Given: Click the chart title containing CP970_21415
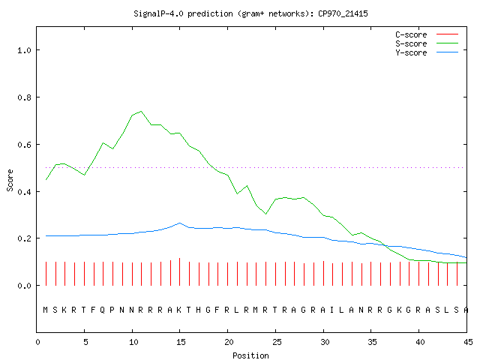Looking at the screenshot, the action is coord(250,13).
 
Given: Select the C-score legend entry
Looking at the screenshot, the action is coord(427,34).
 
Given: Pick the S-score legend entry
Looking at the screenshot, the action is coord(427,43).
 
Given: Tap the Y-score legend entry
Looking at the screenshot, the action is coord(427,52).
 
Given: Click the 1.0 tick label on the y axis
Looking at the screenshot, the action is coord(24,50).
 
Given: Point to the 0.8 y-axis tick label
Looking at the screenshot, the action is coord(24,97).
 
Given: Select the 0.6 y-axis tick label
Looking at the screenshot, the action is coord(24,145).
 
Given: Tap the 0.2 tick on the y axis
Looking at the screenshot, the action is coord(24,238).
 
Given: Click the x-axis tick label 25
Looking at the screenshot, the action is coord(277,342).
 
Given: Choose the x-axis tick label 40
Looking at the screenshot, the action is coord(420,342).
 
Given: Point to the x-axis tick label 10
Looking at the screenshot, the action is coord(133,342).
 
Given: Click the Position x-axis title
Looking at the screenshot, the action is coord(250,355).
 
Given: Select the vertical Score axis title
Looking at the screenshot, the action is coord(10,181).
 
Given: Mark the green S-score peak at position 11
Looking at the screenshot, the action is coord(141,111).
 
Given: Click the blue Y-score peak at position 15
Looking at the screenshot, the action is coord(180,223).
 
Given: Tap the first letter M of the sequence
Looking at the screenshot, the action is coord(45,310).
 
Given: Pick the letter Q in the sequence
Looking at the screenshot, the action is coord(103,310).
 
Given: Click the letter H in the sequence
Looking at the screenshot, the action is coord(198,310).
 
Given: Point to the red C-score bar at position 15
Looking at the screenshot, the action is coord(180,271).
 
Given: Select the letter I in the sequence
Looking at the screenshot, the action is coord(331,310).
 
